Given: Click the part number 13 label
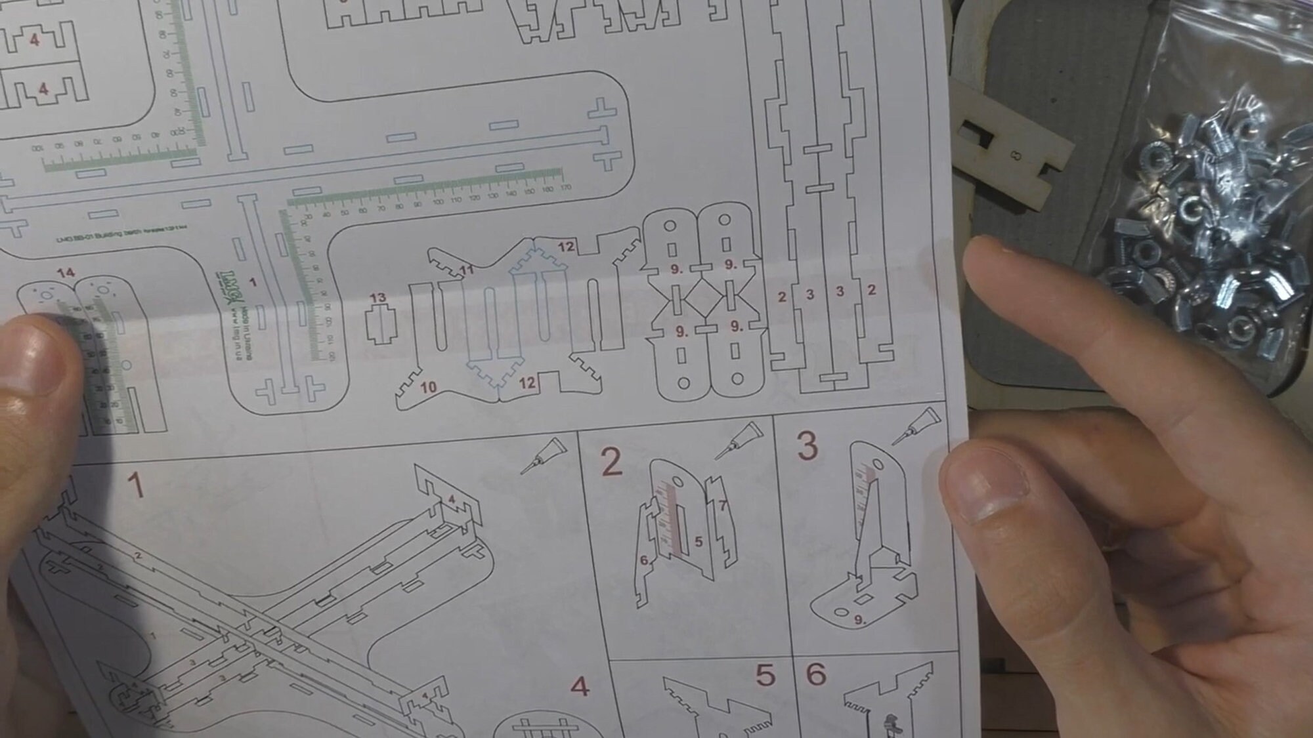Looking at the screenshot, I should (378, 298).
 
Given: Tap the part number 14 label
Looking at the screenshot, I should (66, 272).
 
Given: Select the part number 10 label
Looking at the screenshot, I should (428, 387).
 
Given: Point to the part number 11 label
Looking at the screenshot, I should (467, 270).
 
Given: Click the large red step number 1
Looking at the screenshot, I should (135, 486).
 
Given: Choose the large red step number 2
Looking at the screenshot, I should (611, 462).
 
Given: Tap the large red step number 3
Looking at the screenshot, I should (807, 446).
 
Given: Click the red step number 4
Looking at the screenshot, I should (579, 687).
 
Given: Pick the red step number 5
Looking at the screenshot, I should (765, 676).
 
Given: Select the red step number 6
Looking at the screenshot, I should (815, 674).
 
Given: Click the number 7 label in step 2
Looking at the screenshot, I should (722, 506).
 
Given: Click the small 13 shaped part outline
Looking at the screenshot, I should (381, 325).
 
